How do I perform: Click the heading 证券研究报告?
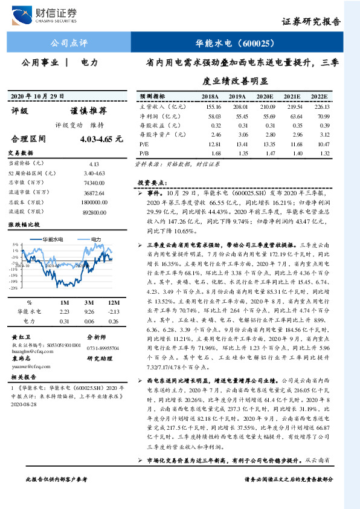312,21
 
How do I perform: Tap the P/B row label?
143,154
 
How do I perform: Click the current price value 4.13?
93,163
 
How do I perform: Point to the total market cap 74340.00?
97,182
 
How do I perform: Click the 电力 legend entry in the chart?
91,240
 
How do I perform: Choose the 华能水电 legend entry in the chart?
51,240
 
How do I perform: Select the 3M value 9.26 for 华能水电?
89,311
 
